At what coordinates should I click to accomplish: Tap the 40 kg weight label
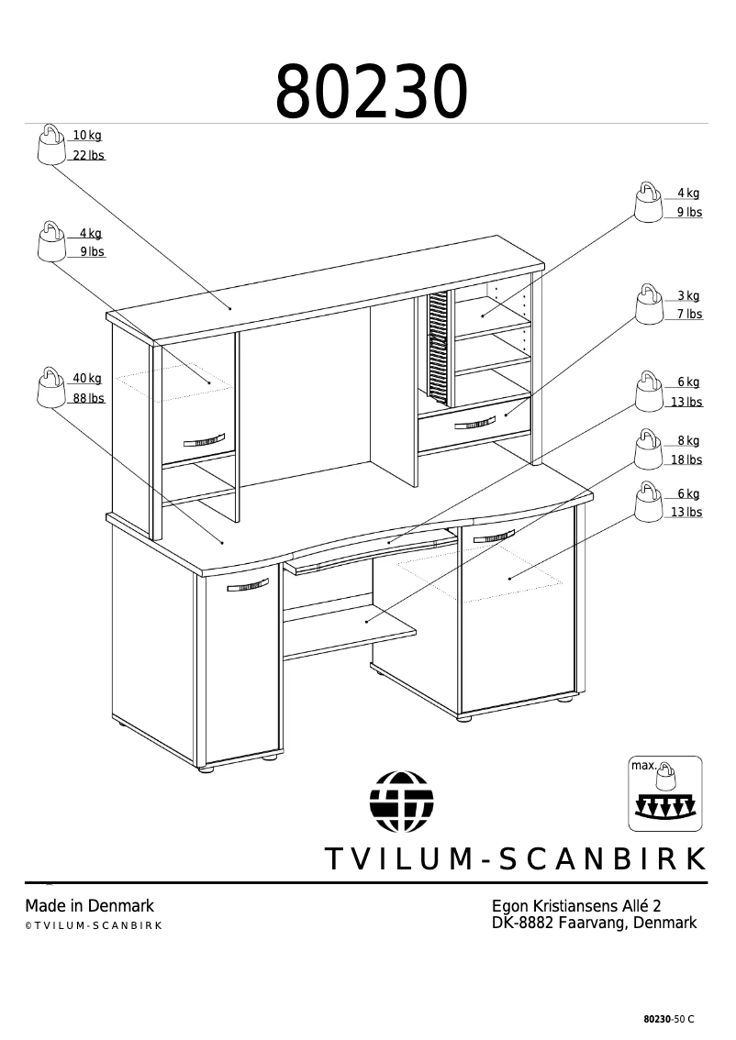point(87,379)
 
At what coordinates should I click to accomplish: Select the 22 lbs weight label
point(88,156)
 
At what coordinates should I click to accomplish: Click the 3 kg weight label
point(688,296)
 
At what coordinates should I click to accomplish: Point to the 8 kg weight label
point(688,441)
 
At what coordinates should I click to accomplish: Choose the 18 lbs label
point(686,460)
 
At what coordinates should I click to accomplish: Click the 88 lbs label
point(88,399)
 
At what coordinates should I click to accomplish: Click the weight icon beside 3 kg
point(649,304)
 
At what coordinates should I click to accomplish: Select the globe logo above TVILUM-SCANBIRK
point(401,801)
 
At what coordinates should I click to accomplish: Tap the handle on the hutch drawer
point(474,423)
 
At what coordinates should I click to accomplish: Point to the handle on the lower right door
point(493,537)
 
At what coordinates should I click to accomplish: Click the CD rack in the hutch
point(437,349)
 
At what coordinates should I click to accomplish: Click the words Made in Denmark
point(89,906)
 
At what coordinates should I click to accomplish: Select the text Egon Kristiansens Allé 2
point(576,906)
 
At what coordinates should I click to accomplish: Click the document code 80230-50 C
point(669,1020)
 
